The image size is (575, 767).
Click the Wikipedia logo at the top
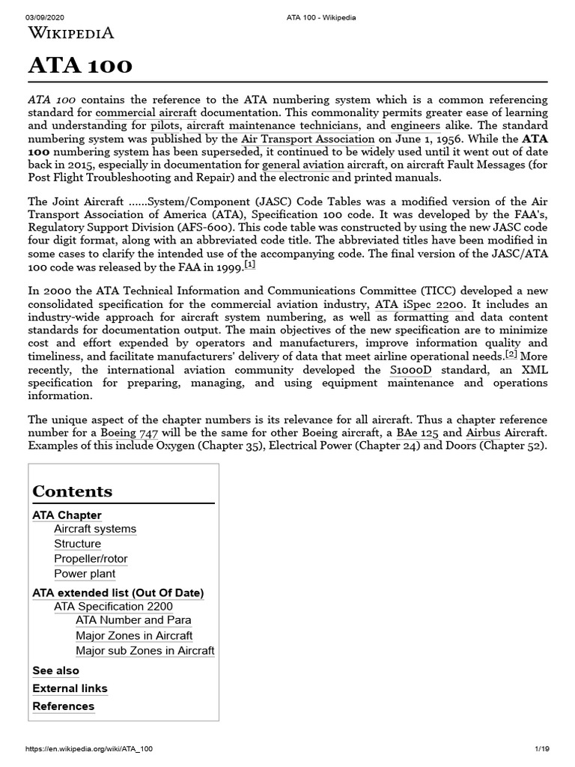[x=71, y=33]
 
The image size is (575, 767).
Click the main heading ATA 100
[x=80, y=67]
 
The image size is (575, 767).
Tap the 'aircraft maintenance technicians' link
[x=275, y=126]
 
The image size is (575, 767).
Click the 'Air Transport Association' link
[x=308, y=139]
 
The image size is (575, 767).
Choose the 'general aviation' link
[x=303, y=165]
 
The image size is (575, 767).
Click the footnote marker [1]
[x=249, y=265]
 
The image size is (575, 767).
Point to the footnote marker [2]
[x=511, y=354]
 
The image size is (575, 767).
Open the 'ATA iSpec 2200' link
[x=419, y=304]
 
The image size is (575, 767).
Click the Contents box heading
[x=73, y=491]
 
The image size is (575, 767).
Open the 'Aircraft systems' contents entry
[x=95, y=529]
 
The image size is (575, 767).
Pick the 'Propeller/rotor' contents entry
[x=91, y=559]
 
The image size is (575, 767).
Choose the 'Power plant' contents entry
[x=85, y=574]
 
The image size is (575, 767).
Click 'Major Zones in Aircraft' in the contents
[x=134, y=635]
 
